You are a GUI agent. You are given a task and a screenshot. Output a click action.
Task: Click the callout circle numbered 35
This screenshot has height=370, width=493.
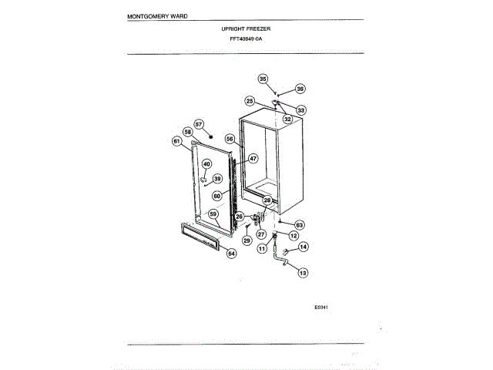click(x=263, y=79)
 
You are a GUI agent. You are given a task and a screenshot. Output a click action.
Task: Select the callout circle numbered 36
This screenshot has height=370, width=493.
click(x=300, y=89)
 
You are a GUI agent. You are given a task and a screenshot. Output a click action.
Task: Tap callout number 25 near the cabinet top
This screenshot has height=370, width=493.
click(x=250, y=101)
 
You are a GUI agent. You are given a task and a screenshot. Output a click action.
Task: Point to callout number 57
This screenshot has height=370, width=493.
click(x=198, y=123)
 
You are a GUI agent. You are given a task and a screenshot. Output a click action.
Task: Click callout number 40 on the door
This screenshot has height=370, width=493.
click(x=206, y=164)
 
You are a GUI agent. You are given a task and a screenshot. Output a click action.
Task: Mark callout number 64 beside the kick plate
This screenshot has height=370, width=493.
click(x=231, y=254)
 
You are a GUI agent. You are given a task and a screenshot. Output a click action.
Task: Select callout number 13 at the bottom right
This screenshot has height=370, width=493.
click(x=302, y=272)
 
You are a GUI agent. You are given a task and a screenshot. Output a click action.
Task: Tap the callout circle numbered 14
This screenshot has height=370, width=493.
click(x=303, y=247)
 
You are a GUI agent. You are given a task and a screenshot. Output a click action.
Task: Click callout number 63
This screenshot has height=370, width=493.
click(x=300, y=224)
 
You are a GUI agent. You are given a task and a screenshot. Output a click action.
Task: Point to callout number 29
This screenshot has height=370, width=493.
click(x=246, y=240)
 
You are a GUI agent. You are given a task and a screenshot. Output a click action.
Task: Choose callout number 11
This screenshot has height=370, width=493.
click(x=262, y=249)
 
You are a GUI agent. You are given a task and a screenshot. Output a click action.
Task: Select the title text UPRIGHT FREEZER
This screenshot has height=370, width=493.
click(x=246, y=29)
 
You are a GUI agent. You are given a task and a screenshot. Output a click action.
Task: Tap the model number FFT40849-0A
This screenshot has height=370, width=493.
click(x=246, y=38)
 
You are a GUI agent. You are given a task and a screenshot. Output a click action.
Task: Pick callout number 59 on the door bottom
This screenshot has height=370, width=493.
click(x=213, y=214)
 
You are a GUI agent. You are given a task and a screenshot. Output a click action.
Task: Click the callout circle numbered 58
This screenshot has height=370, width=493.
click(x=187, y=132)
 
